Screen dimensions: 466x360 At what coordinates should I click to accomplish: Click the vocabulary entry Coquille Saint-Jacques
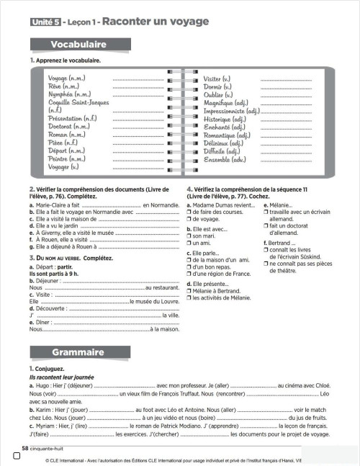[x=79, y=103]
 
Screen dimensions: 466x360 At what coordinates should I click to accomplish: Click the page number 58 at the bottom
[x=26, y=448]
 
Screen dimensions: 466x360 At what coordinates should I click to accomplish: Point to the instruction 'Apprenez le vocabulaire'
[x=68, y=61]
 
